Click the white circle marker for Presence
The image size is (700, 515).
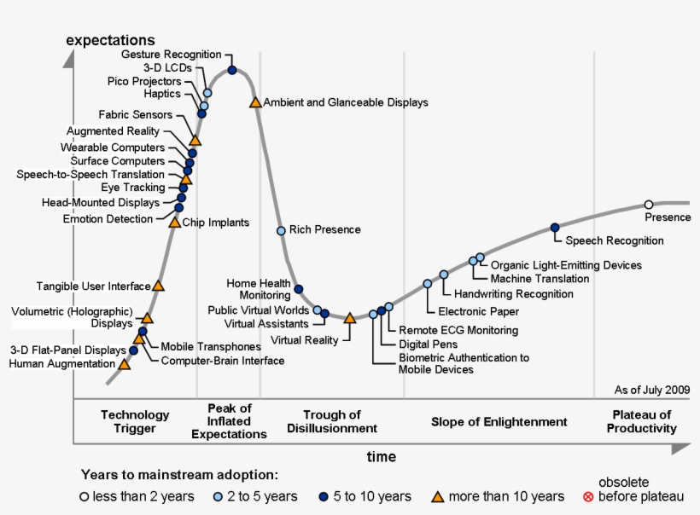(649, 204)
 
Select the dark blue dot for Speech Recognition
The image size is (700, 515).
(555, 227)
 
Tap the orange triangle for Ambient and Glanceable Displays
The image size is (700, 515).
(254, 102)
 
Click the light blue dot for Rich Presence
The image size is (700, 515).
(281, 230)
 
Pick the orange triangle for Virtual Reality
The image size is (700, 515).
(349, 318)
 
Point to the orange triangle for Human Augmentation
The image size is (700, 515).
(125, 364)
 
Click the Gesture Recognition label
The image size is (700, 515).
(171, 55)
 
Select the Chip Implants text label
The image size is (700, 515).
(216, 223)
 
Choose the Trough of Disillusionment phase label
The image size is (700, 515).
(332, 421)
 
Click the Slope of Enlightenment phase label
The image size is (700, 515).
(499, 422)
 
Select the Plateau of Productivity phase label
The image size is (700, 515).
(641, 421)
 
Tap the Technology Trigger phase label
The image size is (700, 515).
(135, 421)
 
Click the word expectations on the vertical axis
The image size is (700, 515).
(110, 39)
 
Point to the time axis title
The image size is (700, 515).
(381, 457)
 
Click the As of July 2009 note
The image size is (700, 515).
(651, 390)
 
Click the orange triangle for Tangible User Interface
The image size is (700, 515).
(158, 286)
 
